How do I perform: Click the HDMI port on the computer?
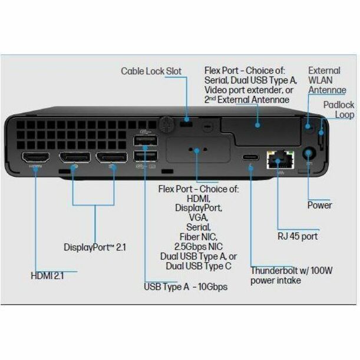point(35,157)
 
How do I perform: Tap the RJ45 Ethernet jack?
point(280,160)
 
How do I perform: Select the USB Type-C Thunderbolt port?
point(250,157)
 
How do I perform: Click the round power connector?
point(308,153)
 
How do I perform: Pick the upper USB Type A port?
point(146,140)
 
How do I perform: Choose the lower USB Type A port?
point(146,156)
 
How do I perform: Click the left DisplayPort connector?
point(75,157)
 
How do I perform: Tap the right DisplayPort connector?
point(111,157)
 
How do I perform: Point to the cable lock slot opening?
point(186,124)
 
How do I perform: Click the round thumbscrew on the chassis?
point(166,124)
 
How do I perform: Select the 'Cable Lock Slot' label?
point(151,71)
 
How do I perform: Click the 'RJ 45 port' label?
point(298,236)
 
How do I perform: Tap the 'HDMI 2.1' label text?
point(47,276)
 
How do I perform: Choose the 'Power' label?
point(319,205)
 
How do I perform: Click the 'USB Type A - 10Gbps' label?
point(186,287)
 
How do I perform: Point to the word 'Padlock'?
point(339,105)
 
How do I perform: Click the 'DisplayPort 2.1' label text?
point(95,247)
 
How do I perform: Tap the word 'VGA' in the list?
point(198,217)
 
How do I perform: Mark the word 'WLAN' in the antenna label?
point(321,80)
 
